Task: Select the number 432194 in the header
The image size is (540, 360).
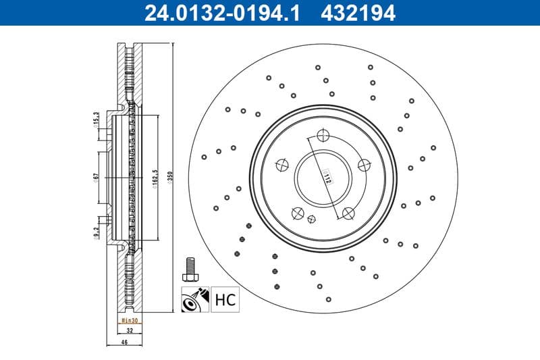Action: click(x=358, y=13)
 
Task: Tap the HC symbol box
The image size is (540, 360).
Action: click(x=225, y=299)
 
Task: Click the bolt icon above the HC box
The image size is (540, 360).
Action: click(x=189, y=269)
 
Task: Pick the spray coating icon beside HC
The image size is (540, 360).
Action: click(x=194, y=299)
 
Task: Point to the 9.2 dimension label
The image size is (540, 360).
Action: click(x=97, y=234)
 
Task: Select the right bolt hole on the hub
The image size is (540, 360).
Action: click(x=364, y=164)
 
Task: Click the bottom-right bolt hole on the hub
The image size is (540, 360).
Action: click(x=348, y=213)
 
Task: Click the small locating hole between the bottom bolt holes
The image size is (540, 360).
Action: click(x=311, y=218)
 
